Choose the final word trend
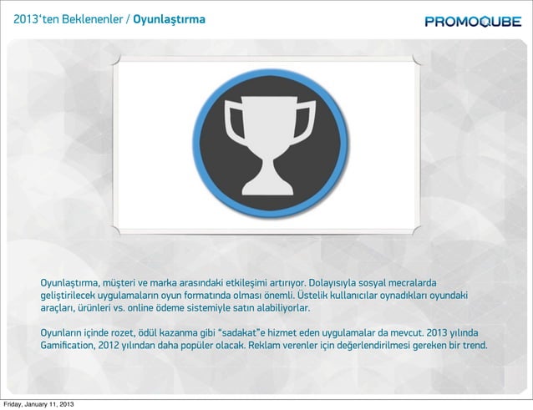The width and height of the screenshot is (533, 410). (x=474, y=345)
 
